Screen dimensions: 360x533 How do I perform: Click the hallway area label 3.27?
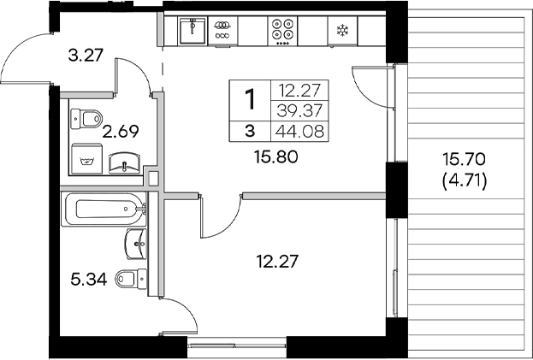pyautogui.click(x=86, y=58)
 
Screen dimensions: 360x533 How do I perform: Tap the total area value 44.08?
pyautogui.click(x=293, y=131)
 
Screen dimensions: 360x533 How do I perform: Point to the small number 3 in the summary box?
pyautogui.click(x=250, y=131)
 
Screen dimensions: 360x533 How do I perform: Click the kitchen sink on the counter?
pyautogui.click(x=193, y=32)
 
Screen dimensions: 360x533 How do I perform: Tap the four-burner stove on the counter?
pyautogui.click(x=283, y=32)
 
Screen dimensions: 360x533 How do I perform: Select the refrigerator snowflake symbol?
pyautogui.click(x=342, y=32)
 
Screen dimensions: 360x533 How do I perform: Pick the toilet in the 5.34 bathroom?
pyautogui.click(x=129, y=277)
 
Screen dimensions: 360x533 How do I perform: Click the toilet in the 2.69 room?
pyautogui.click(x=87, y=117)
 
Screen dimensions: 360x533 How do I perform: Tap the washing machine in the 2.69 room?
pyautogui.click(x=85, y=160)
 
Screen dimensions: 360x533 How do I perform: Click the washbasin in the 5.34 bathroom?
pyautogui.click(x=136, y=244)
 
